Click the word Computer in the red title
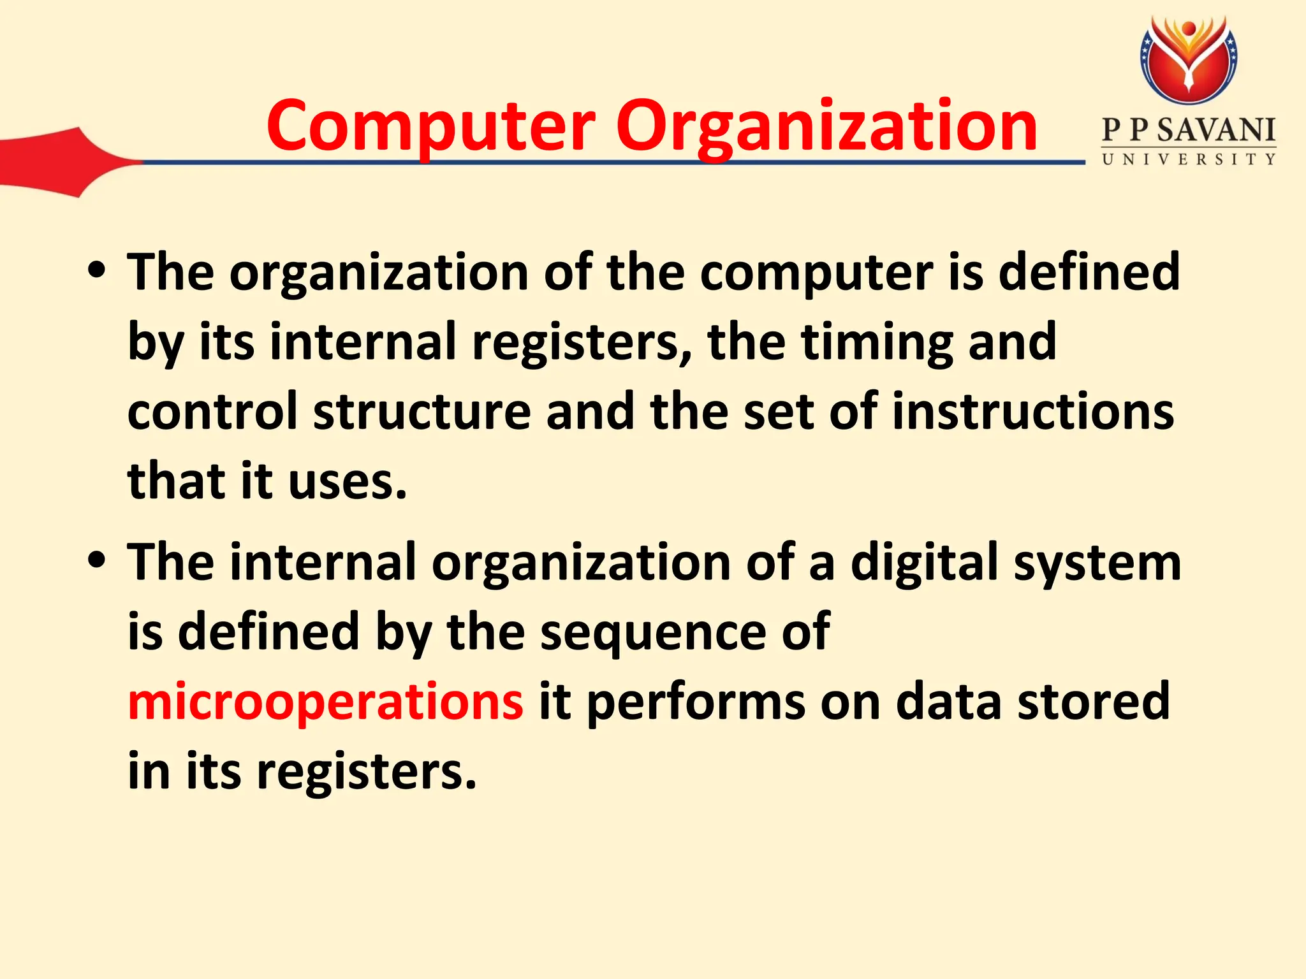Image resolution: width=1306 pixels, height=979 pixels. (431, 126)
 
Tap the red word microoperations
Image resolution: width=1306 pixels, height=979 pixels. (325, 701)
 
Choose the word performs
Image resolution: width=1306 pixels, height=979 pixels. (696, 701)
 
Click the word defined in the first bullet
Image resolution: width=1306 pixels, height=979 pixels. (1089, 272)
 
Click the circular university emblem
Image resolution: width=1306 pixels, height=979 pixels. (1188, 61)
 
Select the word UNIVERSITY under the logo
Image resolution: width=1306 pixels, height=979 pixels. (1189, 159)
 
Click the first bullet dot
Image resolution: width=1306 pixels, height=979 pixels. (98, 272)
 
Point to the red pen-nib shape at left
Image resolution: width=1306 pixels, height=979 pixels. (57, 163)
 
